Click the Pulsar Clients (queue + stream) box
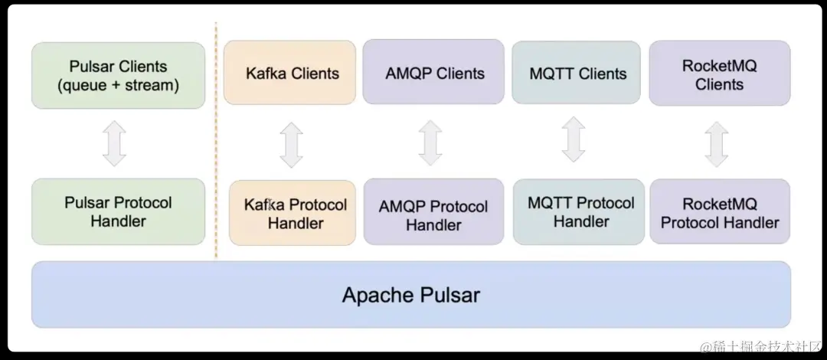(118, 75)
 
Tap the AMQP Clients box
(433, 73)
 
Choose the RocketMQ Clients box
(719, 74)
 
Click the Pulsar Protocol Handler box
(118, 211)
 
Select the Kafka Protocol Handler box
(292, 213)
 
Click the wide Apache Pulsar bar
(410, 294)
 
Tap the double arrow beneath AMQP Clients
(430, 142)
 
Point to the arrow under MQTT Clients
(574, 139)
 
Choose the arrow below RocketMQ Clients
(717, 144)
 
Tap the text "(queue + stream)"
(118, 85)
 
